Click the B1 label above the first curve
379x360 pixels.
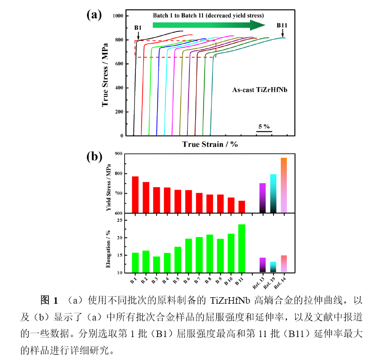click(138, 28)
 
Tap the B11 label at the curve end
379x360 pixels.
click(282, 25)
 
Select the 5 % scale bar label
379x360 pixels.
click(264, 126)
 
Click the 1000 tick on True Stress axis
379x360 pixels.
click(118, 16)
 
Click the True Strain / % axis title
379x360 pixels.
click(210, 144)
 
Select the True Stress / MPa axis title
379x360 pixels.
click(105, 76)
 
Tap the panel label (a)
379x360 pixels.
click(94, 15)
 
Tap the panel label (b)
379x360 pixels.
click(94, 156)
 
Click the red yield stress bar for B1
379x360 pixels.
click(135, 195)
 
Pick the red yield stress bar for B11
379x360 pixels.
click(241, 207)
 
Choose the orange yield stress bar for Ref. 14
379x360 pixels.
click(284, 185)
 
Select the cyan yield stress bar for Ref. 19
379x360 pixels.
click(273, 193)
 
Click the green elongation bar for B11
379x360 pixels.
click(241, 248)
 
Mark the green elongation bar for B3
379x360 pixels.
click(156, 264)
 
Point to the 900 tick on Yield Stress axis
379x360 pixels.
click(118, 154)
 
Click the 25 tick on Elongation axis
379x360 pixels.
click(120, 221)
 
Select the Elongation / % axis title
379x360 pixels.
click(109, 248)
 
